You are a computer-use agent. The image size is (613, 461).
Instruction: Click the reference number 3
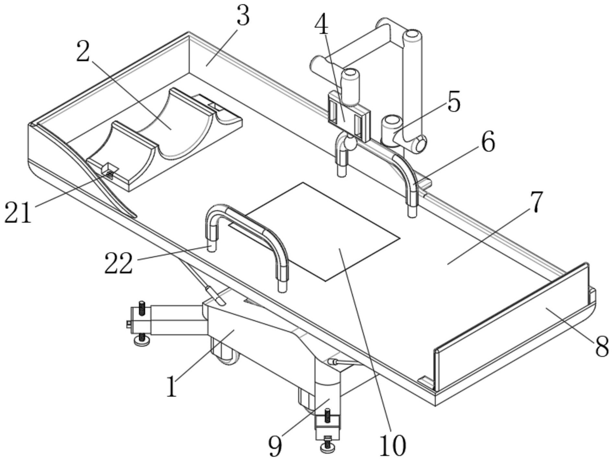pyautogui.click(x=243, y=16)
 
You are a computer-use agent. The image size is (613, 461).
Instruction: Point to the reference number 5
pyautogui.click(x=454, y=101)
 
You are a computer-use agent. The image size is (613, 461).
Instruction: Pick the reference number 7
pyautogui.click(x=536, y=201)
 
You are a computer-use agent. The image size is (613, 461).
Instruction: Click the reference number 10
pyautogui.click(x=393, y=445)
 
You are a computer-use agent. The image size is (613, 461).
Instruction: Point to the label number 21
pyautogui.click(x=18, y=212)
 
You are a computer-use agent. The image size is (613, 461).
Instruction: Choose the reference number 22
pyautogui.click(x=119, y=263)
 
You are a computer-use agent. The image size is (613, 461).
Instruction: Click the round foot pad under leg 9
pyautogui.click(x=327, y=448)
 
